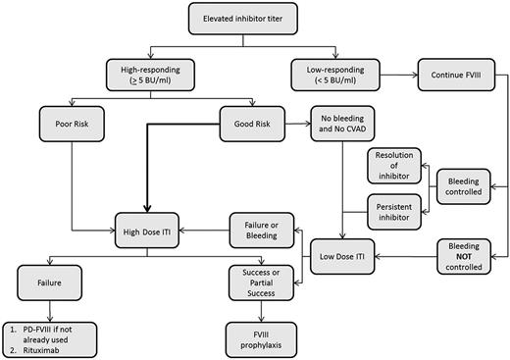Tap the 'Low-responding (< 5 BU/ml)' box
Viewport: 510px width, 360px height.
pos(337,75)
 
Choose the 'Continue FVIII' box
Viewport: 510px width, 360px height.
pos(452,75)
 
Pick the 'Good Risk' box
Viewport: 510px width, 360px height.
pos(254,125)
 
